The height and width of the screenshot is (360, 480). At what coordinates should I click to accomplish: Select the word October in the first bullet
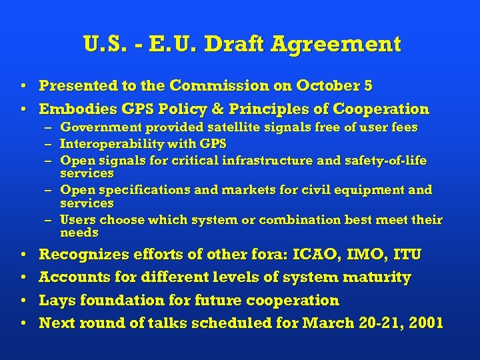point(325,86)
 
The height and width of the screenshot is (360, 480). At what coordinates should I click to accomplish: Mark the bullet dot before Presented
point(23,87)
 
